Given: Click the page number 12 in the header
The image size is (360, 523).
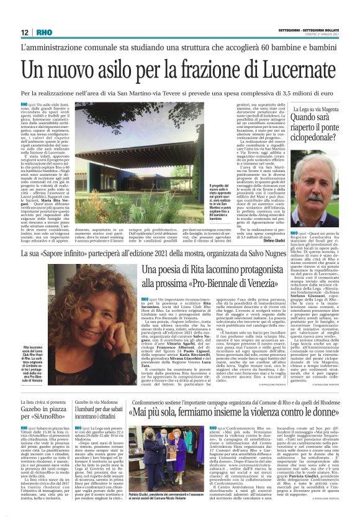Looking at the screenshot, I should pos(24,32).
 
